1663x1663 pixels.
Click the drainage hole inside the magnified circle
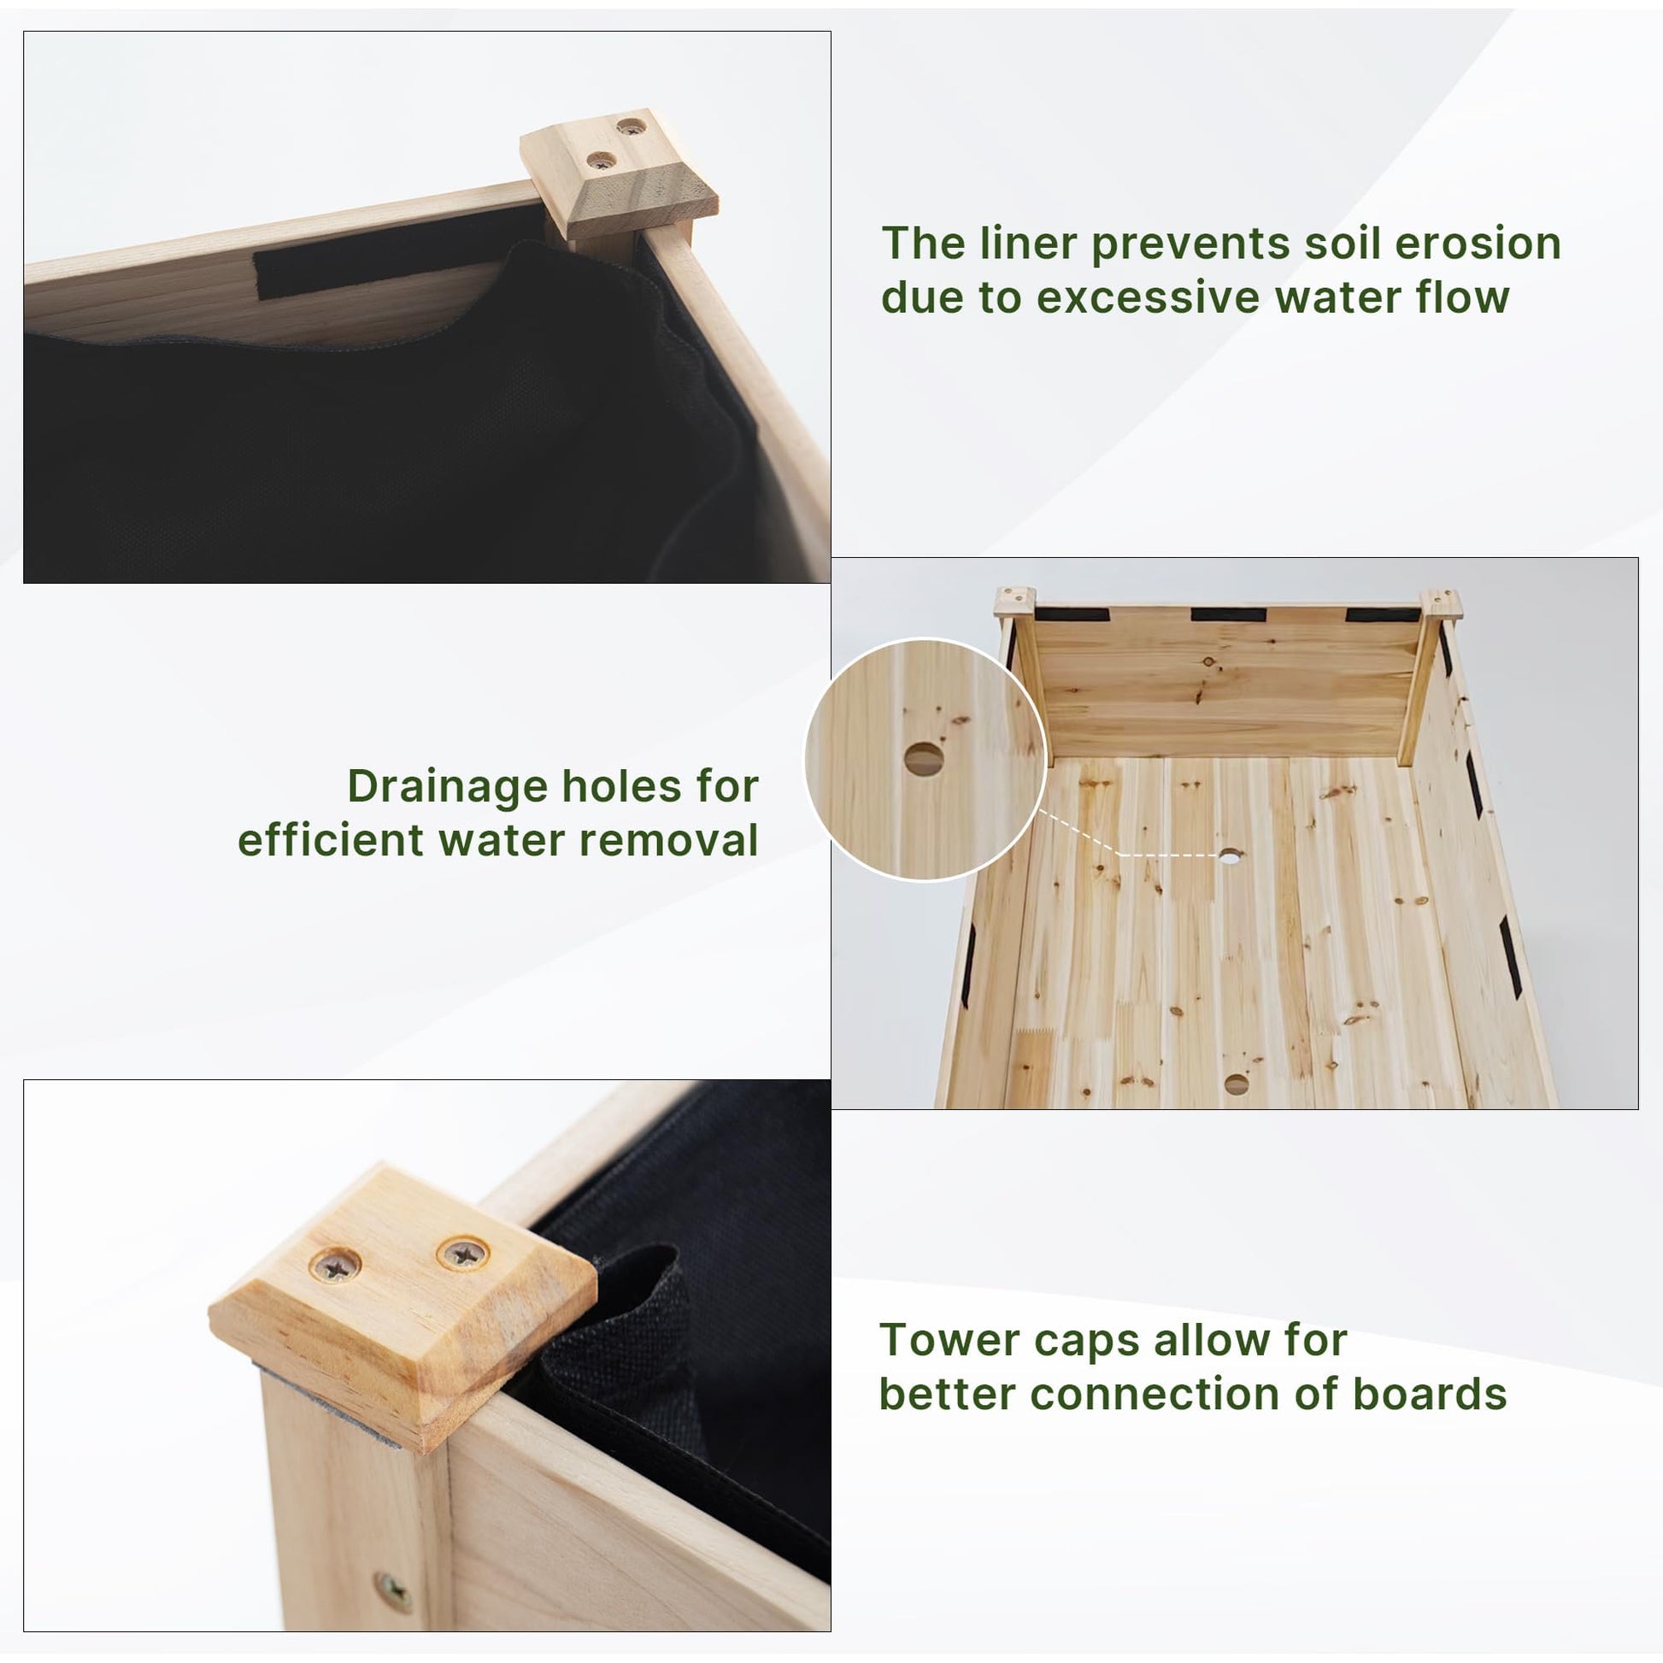922,759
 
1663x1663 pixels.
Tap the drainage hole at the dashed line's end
1230,855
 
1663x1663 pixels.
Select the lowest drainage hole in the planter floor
1237,1084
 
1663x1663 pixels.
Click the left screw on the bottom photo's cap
335,1266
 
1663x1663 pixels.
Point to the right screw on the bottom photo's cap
463,1255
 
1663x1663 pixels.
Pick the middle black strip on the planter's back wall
1228,615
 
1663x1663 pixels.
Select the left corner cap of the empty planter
1015,602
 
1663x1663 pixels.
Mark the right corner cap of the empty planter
1441,604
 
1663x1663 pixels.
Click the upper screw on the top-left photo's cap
632,127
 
